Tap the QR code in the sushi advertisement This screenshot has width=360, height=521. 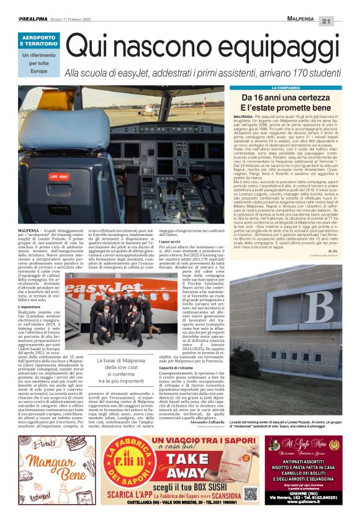(251, 494)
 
